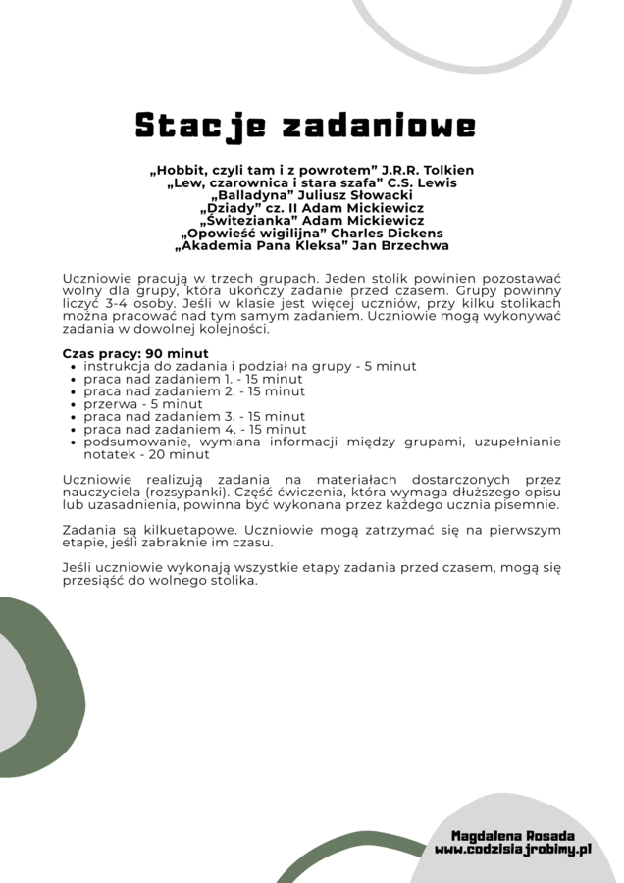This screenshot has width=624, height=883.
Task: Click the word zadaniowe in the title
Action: [x=379, y=127]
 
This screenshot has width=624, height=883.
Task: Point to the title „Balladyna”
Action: [x=246, y=195]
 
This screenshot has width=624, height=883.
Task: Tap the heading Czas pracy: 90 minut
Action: [x=135, y=353]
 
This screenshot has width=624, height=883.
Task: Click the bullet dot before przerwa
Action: [x=74, y=404]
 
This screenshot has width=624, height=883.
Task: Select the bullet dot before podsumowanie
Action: [x=74, y=442]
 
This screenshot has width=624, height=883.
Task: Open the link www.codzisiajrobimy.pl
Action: [x=513, y=850]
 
